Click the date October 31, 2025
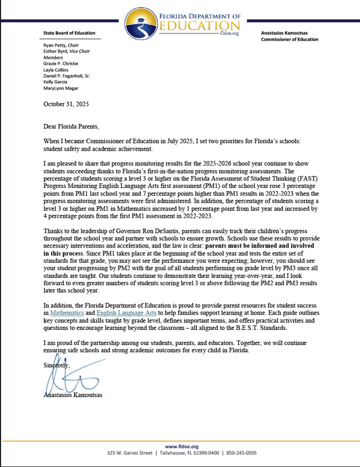coord(66,103)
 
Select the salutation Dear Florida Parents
coord(72,127)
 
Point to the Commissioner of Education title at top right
coord(290,40)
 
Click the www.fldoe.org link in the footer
coord(179,446)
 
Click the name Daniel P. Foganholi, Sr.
coord(67,76)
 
